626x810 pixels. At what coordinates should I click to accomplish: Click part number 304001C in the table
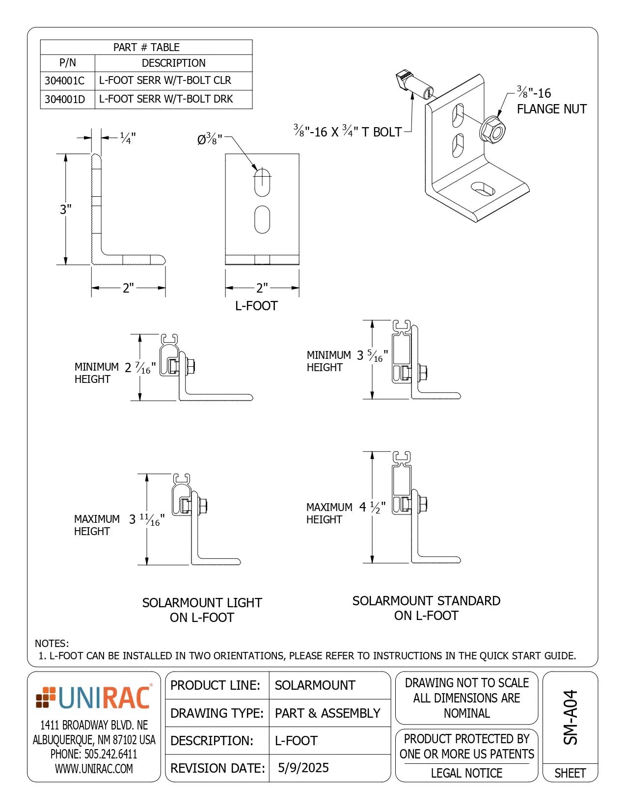pyautogui.click(x=64, y=81)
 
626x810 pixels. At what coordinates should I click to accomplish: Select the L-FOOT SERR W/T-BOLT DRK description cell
pyautogui.click(x=166, y=99)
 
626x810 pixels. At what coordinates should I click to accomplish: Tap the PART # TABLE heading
pyautogui.click(x=146, y=48)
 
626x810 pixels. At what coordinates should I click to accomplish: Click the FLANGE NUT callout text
pyautogui.click(x=551, y=109)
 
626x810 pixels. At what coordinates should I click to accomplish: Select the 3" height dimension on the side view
pyautogui.click(x=66, y=210)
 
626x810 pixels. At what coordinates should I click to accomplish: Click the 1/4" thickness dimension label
pyautogui.click(x=128, y=138)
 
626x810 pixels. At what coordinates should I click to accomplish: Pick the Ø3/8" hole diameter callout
pyautogui.click(x=210, y=139)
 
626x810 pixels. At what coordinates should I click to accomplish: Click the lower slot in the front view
pyautogui.click(x=262, y=219)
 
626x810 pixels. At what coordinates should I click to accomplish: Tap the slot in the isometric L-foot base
pyautogui.click(x=483, y=188)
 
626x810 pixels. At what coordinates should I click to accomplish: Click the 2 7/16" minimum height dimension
pyautogui.click(x=140, y=368)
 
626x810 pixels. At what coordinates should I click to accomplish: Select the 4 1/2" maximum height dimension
pyautogui.click(x=372, y=507)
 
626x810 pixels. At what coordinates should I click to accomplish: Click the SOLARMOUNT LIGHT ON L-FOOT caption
pyautogui.click(x=202, y=610)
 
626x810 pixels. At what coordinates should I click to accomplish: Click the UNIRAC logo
pyautogui.click(x=93, y=698)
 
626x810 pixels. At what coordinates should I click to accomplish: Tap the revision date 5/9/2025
pyautogui.click(x=303, y=768)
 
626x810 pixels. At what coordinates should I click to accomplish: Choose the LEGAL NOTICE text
pyautogui.click(x=466, y=773)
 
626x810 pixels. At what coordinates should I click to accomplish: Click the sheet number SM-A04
pyautogui.click(x=571, y=717)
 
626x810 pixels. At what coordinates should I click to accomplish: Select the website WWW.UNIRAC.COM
pyautogui.click(x=94, y=769)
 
